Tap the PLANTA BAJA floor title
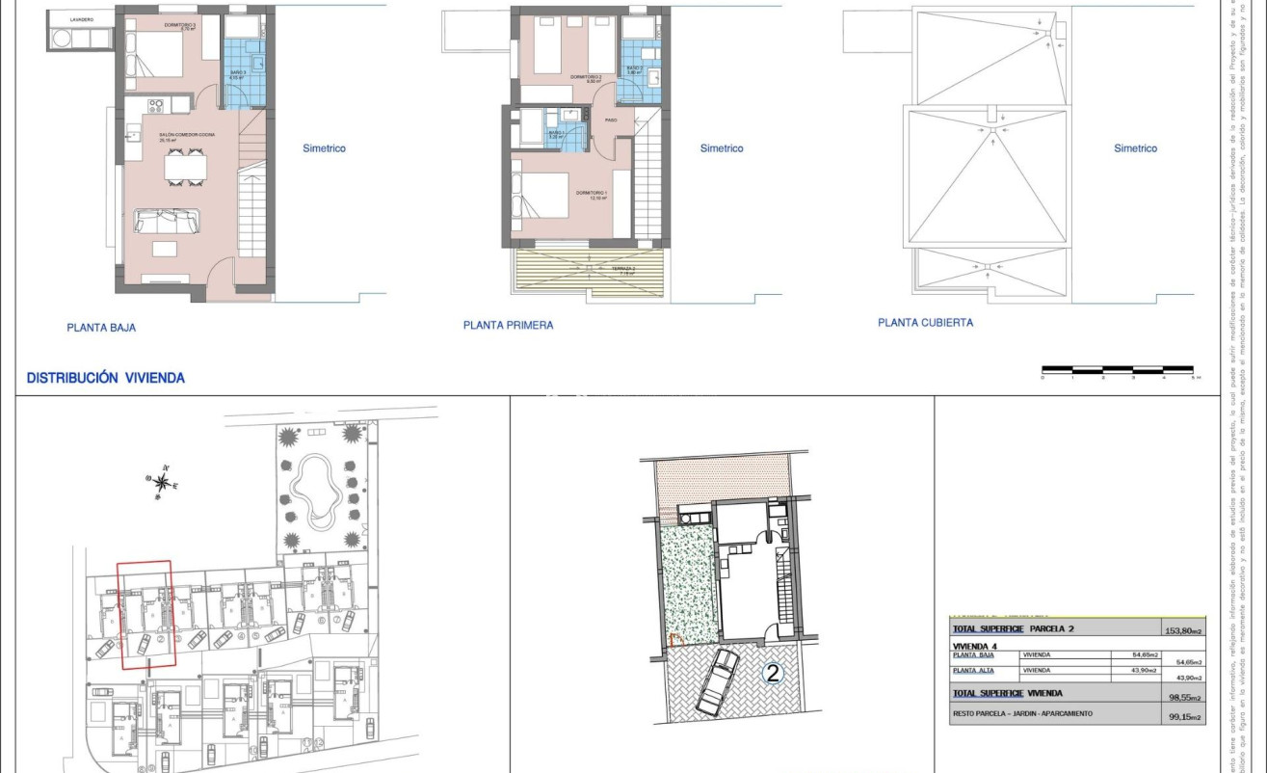coord(101,328)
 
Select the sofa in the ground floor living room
coord(167,221)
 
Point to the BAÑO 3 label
coord(237,73)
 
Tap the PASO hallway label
coord(611,120)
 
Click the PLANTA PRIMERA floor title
coord(508,326)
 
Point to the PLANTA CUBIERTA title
coord(925,323)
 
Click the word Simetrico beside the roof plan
coord(1135,148)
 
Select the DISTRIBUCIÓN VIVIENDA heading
coord(105,378)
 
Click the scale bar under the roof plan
coord(1118,369)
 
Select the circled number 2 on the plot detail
coord(772,674)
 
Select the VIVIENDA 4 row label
coord(974,646)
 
